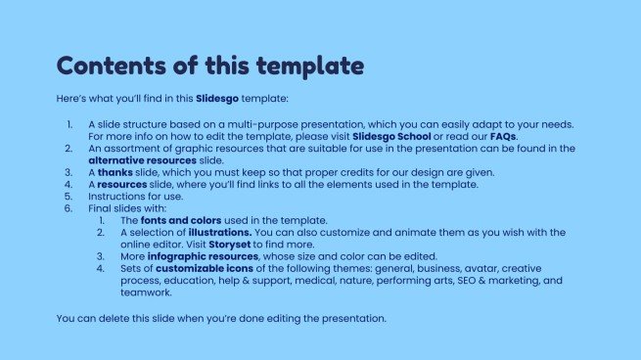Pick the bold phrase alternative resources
[142, 159]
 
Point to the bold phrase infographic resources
[200, 255]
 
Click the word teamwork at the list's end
[145, 292]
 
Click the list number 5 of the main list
[68, 196]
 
